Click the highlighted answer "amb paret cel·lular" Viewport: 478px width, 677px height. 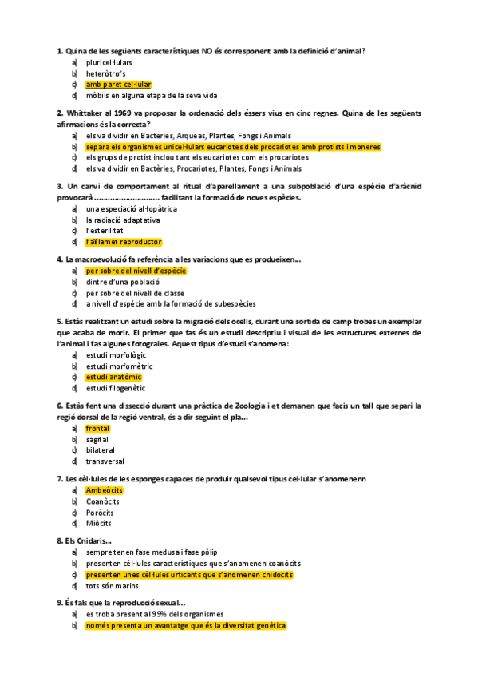tap(118, 84)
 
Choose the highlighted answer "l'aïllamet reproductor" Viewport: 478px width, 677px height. tap(124, 242)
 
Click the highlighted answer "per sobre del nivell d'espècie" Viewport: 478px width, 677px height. tap(136, 271)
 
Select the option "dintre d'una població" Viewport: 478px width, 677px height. tap(123, 282)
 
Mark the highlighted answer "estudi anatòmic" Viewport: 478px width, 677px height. tap(113, 377)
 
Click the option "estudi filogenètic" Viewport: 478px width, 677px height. tap(116, 388)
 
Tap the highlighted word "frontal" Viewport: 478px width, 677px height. tap(97, 428)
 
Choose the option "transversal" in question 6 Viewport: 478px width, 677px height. tap(105, 461)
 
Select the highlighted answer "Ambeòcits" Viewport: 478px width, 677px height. tap(104, 490)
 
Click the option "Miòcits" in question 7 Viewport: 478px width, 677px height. tap(99, 524)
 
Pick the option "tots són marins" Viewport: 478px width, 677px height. tap(113, 586)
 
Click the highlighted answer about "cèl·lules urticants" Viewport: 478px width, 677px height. tap(189, 575)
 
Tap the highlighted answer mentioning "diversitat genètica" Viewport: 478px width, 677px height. tap(185, 626)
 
